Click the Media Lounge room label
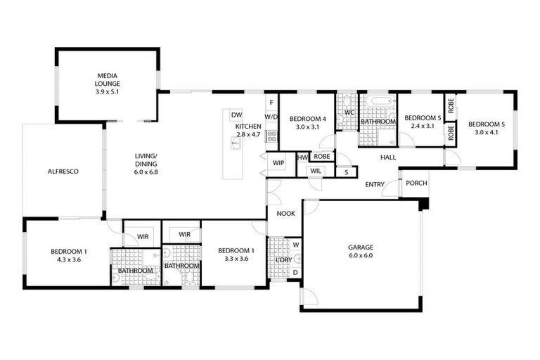[108, 77]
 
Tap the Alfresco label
[63, 171]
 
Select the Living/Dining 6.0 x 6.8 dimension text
[146, 171]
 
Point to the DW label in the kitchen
[236, 115]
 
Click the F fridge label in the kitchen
[271, 103]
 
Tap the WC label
[348, 112]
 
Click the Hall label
[388, 157]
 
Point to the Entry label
[374, 184]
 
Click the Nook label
[285, 214]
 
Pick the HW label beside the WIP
[302, 157]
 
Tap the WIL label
[316, 170]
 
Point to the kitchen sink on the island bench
[236, 143]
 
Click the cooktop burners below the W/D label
[271, 136]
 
